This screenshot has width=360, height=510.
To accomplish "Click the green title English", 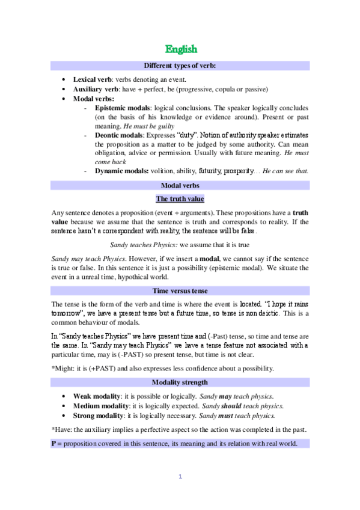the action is tap(181, 48).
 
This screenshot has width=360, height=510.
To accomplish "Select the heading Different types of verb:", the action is tap(180, 65).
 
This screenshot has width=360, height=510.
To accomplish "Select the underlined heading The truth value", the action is tap(180, 199).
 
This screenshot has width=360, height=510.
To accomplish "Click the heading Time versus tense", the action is tap(180, 290).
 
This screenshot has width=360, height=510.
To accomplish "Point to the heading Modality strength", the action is tap(180, 382).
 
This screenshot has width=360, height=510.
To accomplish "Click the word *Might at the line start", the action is tap(61, 369).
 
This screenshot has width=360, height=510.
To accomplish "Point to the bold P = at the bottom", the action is tap(56, 443).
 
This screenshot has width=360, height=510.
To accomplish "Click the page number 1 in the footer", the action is tap(180, 477).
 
